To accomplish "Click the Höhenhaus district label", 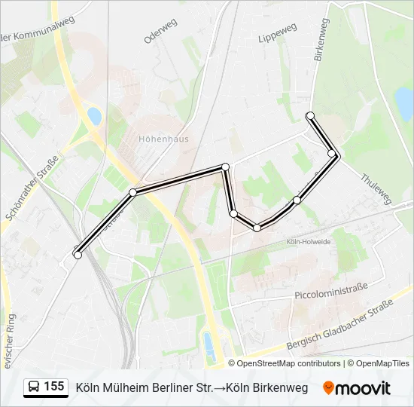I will click(x=163, y=139).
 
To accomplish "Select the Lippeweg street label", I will click(x=277, y=32).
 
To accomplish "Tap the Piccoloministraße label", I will click(x=331, y=287).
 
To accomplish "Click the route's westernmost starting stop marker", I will click(x=78, y=256).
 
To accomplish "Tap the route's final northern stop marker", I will click(x=309, y=115).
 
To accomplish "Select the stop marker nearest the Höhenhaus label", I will click(x=133, y=193).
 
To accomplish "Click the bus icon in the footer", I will click(x=33, y=387).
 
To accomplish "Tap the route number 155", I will click(x=54, y=387).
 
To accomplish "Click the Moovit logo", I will click(x=357, y=388).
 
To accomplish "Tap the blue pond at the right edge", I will click(x=404, y=103).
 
